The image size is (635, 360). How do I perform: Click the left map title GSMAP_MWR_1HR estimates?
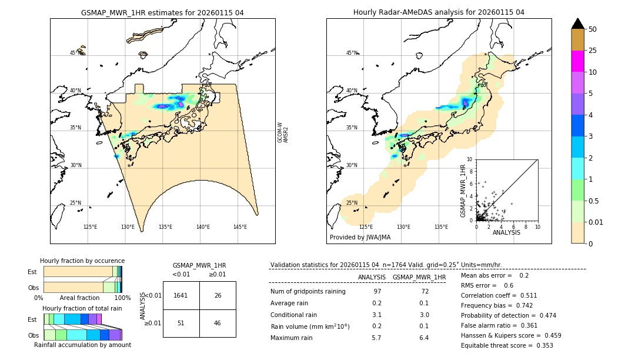[x=162, y=12]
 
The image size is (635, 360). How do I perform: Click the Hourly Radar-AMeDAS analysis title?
[x=439, y=12]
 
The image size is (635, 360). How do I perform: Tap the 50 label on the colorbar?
[x=593, y=29]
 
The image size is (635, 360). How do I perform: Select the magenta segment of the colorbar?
[x=577, y=61]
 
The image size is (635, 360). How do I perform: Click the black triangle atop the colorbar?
[x=577, y=24]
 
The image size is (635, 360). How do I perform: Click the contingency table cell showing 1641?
[x=181, y=295]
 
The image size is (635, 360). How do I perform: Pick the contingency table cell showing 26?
[x=218, y=295]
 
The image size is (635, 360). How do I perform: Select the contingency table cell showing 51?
[x=181, y=323]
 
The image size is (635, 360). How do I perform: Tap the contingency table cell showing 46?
[x=218, y=323]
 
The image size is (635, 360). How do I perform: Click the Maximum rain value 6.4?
[x=423, y=338]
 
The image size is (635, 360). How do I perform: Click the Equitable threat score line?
[x=507, y=345]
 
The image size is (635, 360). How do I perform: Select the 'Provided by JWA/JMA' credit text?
[x=360, y=237]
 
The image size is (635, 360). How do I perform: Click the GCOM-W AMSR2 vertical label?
[x=283, y=133]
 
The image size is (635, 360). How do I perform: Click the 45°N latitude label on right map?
[x=351, y=53]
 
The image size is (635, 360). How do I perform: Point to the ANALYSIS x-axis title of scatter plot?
[x=506, y=233]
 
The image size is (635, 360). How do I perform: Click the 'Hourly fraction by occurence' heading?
[x=82, y=261]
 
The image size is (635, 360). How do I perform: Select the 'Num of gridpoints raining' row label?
[x=308, y=292]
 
